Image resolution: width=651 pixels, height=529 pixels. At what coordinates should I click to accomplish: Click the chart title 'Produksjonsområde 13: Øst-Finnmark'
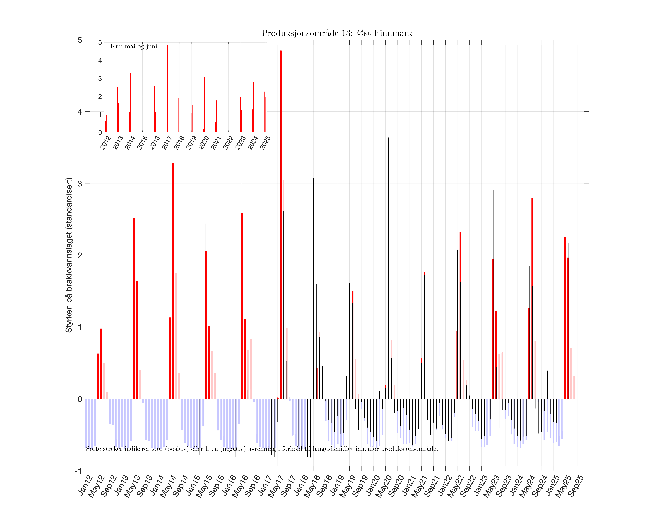337,33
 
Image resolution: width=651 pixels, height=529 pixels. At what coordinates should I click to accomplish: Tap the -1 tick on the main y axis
78,471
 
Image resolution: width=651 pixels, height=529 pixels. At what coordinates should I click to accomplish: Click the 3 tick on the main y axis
80,183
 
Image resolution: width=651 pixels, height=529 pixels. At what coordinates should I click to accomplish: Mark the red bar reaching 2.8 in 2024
532,299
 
